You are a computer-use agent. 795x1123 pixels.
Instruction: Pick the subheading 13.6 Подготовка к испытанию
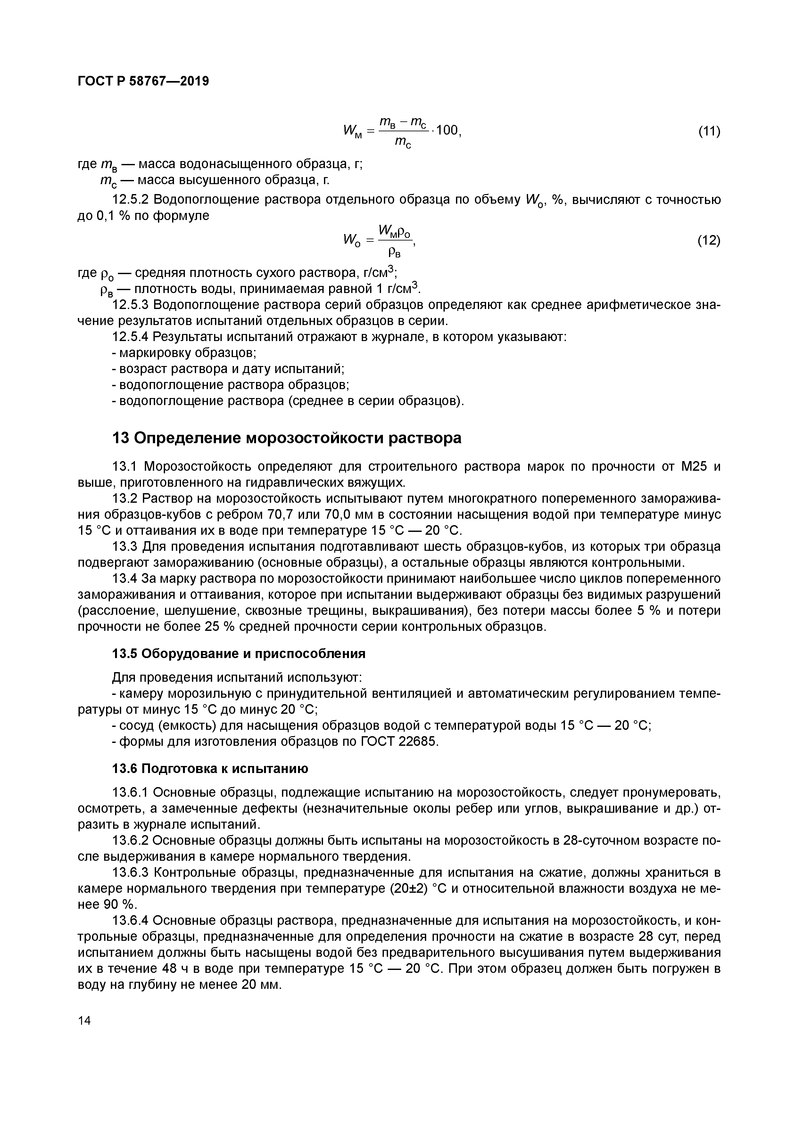tap(211, 769)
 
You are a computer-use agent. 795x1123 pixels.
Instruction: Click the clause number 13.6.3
tap(130, 873)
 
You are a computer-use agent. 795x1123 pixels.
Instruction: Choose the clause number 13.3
tap(124, 546)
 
